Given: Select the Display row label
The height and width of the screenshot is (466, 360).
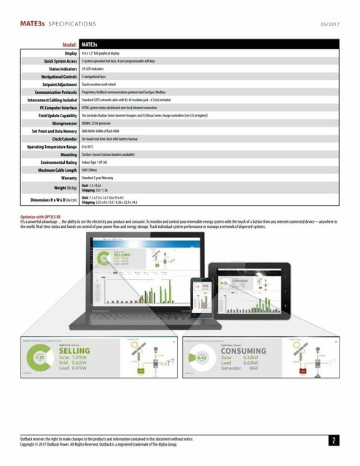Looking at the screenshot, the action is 68,53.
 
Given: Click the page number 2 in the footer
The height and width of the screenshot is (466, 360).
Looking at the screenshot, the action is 333,441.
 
